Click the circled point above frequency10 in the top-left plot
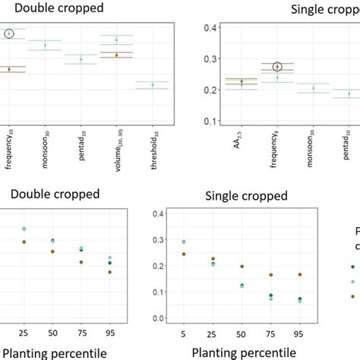coord(9,33)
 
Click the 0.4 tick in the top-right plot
coord(194,27)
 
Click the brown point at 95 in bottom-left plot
coord(110,272)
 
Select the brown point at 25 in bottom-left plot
coord(24,242)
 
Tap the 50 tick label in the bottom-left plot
coord(53,332)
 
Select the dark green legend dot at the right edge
coord(352,267)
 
